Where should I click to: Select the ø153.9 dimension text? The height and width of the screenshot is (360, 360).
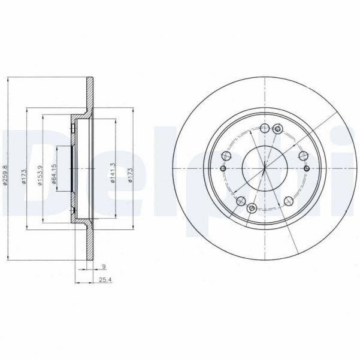(40, 174)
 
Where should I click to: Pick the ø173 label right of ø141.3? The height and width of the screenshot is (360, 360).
(128, 174)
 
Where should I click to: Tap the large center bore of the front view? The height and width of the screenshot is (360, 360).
(264, 168)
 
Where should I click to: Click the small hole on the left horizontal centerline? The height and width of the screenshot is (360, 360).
(222, 168)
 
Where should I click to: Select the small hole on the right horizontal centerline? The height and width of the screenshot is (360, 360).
(306, 168)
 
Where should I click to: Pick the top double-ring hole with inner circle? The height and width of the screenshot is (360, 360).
(276, 129)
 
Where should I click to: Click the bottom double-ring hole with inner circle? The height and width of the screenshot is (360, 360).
(252, 207)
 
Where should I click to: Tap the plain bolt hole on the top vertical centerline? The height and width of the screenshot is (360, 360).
(264, 128)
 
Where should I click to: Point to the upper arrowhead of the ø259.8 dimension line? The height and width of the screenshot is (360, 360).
(8, 80)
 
